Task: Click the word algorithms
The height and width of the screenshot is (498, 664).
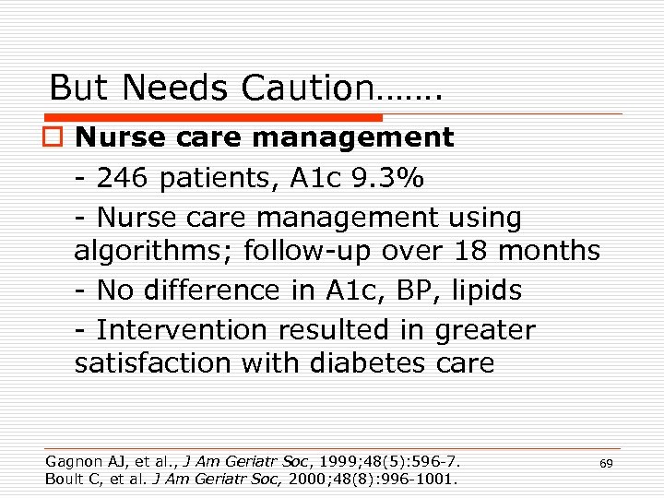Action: click(x=152, y=251)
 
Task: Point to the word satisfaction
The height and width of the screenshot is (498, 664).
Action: click(x=153, y=363)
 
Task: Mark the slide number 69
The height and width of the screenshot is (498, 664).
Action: click(x=606, y=464)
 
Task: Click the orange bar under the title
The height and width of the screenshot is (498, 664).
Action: click(x=216, y=117)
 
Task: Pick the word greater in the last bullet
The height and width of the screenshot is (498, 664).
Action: click(x=480, y=329)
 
